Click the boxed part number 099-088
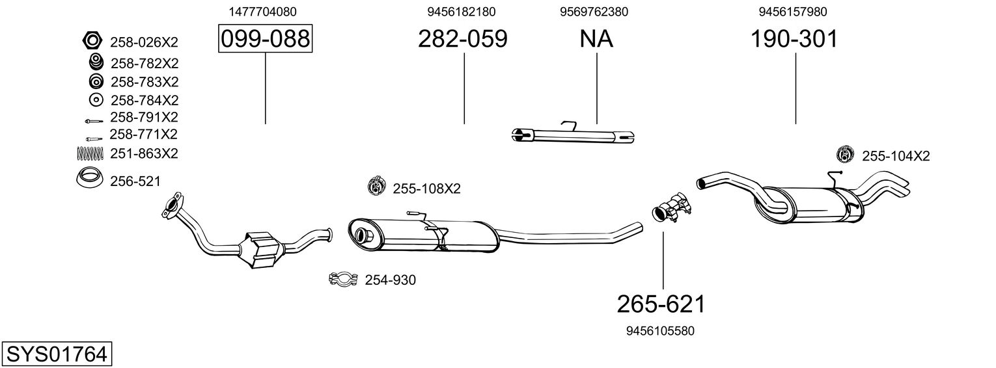[265, 39]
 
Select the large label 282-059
[462, 39]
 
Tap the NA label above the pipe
[596, 39]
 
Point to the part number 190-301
[794, 39]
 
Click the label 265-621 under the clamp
[661, 304]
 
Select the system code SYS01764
[56, 354]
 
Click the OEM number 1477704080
[263, 12]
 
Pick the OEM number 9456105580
[660, 331]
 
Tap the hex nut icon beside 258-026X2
[92, 41]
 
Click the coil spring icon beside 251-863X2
[91, 153]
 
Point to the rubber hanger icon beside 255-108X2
[376, 186]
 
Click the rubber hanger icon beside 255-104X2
[844, 155]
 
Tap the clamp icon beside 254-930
[343, 280]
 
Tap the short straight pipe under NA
[573, 135]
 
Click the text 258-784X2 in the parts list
[144, 100]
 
